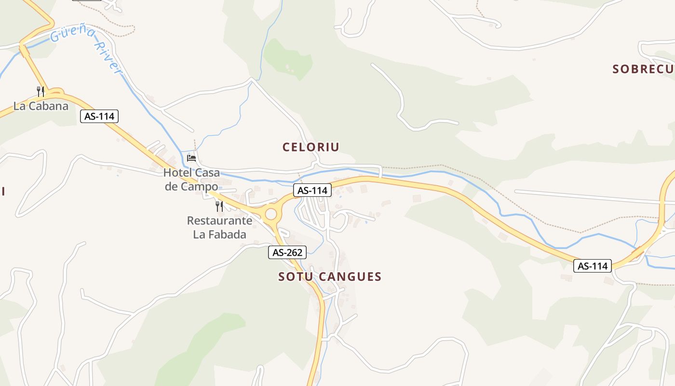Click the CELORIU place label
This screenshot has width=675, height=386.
(311, 147)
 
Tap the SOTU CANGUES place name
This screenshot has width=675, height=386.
(330, 276)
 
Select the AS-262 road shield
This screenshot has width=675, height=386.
(287, 252)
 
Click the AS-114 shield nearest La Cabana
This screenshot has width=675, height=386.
(99, 116)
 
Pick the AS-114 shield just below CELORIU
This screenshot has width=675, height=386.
(312, 190)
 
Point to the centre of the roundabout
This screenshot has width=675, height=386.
(271, 214)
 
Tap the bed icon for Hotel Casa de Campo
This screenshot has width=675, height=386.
(191, 158)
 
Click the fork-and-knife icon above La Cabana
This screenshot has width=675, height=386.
(41, 91)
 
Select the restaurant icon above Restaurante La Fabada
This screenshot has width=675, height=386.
(219, 207)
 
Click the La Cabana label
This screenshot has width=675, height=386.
(41, 106)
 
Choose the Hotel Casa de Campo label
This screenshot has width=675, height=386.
(191, 179)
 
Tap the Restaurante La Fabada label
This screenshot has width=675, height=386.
(219, 228)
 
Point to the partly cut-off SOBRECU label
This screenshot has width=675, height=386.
(643, 69)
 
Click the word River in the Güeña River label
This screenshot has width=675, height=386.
(107, 57)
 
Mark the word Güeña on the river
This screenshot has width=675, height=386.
(73, 34)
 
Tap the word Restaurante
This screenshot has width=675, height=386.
(219, 221)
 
